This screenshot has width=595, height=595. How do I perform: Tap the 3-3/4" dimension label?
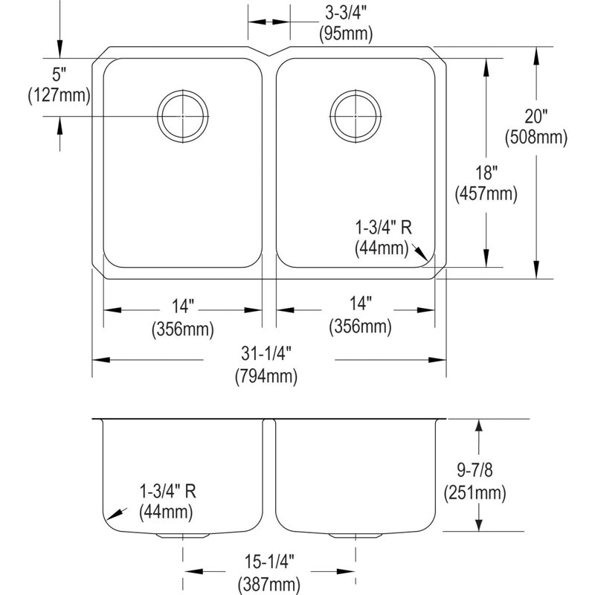[x=346, y=13]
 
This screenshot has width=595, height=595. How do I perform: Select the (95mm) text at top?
[x=346, y=33]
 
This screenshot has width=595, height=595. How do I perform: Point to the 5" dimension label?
[x=59, y=74]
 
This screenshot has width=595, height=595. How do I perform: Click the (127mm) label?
[x=59, y=95]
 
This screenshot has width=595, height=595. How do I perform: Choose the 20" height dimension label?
[x=535, y=116]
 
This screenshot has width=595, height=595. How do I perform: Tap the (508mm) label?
[x=535, y=137]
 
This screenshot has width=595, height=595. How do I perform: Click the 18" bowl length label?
[x=486, y=173]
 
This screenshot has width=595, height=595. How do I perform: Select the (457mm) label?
[x=486, y=194]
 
